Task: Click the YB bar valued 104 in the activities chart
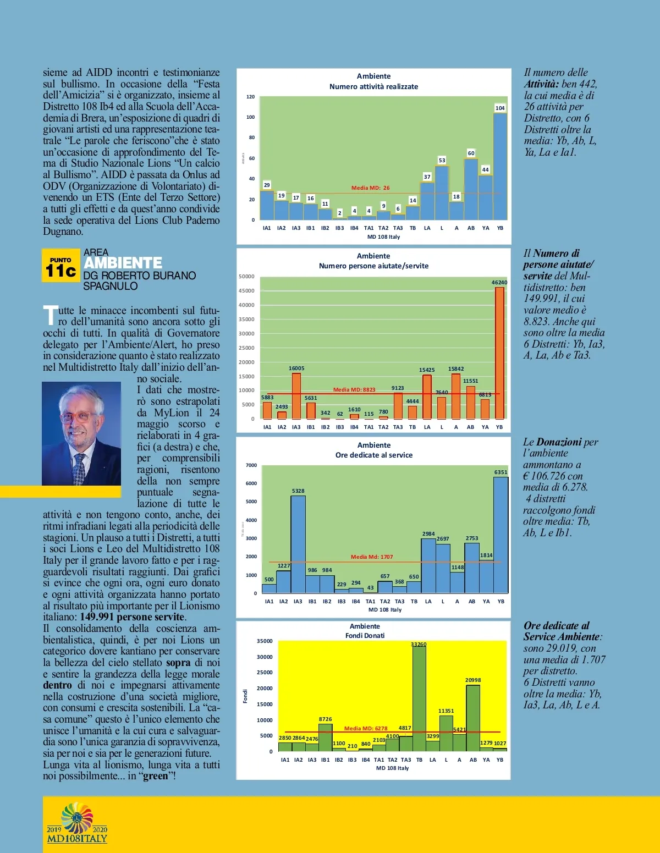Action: click(x=500, y=166)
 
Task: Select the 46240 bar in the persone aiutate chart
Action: click(x=499, y=353)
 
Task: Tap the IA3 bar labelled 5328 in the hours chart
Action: click(x=298, y=544)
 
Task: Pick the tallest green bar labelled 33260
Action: click(x=419, y=698)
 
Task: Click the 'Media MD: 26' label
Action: click(x=370, y=188)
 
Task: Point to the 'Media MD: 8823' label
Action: click(x=354, y=390)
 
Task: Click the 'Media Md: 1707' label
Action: click(x=372, y=557)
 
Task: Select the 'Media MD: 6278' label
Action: click(x=366, y=729)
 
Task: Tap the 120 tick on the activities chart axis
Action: click(x=251, y=97)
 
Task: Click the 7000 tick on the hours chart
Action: click(x=251, y=465)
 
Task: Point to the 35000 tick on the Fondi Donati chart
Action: click(x=265, y=641)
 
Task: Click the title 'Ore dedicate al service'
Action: click(x=374, y=455)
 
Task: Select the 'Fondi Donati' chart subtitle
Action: click(x=365, y=636)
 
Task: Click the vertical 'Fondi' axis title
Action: click(x=245, y=696)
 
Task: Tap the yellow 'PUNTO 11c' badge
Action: click(x=61, y=266)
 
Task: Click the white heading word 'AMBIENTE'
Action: click(x=123, y=263)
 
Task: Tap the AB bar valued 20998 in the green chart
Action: click(x=473, y=718)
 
